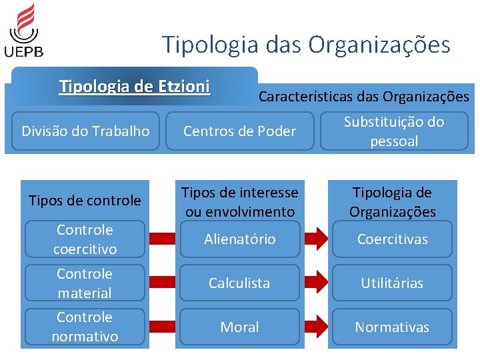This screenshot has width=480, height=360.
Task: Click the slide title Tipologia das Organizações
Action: (307, 45)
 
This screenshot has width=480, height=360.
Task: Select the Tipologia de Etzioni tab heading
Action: (135, 87)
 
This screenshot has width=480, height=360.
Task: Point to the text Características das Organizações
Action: (363, 97)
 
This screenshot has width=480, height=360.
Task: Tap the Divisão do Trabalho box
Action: (85, 131)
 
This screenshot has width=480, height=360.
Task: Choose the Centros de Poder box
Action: (239, 131)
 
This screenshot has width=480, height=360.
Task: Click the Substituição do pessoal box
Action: (393, 131)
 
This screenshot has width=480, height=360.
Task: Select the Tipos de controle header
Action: (85, 201)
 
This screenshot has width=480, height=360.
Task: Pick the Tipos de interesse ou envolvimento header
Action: (239, 202)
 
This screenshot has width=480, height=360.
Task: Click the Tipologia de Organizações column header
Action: (393, 202)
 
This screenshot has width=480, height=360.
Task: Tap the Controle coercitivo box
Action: (85, 239)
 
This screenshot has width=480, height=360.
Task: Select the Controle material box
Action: (85, 283)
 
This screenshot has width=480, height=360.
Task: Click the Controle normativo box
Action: (85, 327)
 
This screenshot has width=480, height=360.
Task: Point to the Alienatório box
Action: (239, 239)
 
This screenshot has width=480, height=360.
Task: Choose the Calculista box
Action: (239, 283)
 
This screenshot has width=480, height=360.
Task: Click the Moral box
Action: (239, 327)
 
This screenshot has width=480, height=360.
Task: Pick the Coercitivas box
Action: (393, 239)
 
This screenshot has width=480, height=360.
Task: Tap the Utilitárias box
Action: (393, 283)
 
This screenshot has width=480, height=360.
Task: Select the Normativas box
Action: (393, 327)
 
